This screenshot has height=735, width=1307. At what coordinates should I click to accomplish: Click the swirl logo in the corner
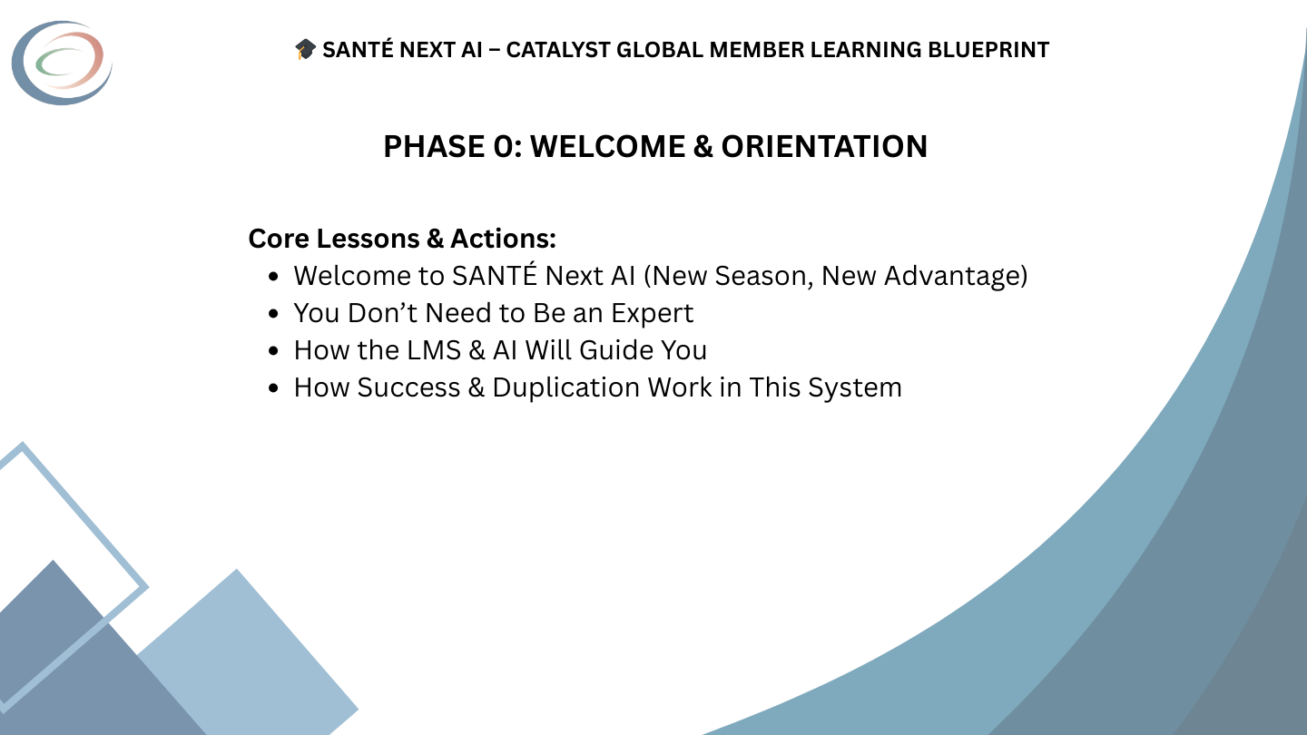(62, 63)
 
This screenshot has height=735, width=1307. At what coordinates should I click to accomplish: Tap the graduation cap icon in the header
(305, 50)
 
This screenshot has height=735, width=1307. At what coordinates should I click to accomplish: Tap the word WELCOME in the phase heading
(607, 147)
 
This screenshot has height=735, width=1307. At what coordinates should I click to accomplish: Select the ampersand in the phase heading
(703, 147)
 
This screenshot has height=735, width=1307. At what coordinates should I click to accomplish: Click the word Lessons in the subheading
(367, 239)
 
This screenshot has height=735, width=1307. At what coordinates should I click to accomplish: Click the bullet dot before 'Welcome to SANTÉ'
(274, 277)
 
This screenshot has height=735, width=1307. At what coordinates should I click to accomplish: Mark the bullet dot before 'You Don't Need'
(274, 314)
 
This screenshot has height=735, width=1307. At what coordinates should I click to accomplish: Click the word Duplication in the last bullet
(565, 387)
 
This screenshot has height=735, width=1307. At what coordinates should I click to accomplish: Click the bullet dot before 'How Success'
(274, 388)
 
